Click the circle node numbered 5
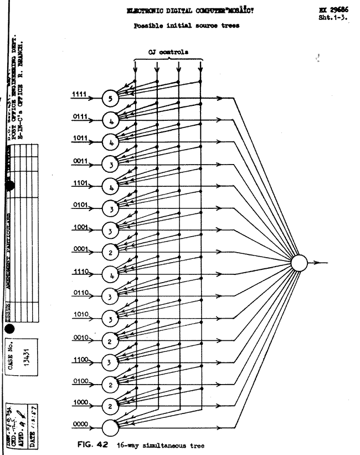[111, 100]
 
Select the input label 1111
[79, 96]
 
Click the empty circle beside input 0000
[111, 428]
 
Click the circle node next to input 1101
[111, 187]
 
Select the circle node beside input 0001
[111, 252]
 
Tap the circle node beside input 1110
[111, 274]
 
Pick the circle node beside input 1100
[111, 362]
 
